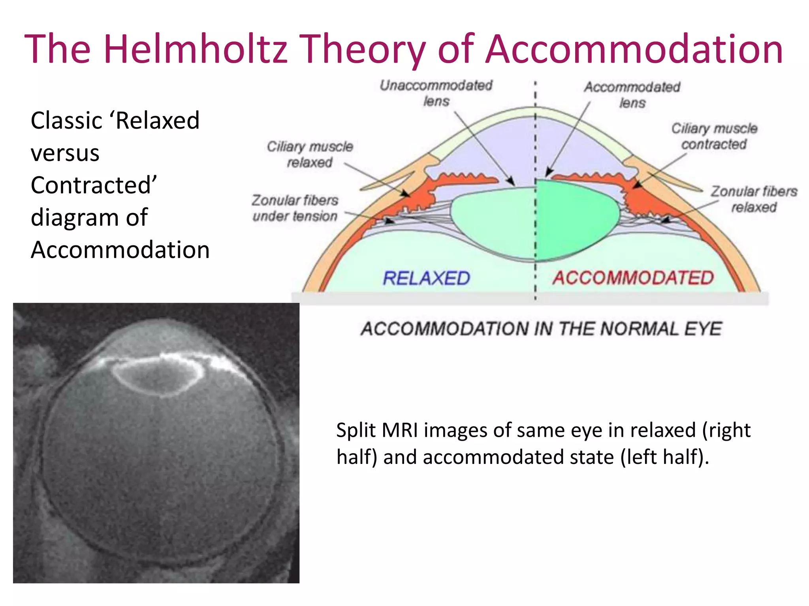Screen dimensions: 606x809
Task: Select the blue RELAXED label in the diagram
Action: tap(426, 278)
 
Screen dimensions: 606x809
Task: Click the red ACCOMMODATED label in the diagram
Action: tap(633, 278)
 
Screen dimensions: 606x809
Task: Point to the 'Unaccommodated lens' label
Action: tap(436, 93)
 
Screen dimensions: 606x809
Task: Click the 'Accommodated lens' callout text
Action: tap(632, 95)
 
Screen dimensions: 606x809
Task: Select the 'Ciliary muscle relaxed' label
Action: tap(310, 154)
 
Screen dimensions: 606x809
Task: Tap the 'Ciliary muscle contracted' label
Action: tap(714, 136)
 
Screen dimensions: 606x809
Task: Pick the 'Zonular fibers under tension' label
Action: tap(295, 208)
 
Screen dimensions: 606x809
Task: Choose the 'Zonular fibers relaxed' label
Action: tap(754, 199)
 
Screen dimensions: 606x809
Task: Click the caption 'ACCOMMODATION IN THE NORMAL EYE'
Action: tap(541, 329)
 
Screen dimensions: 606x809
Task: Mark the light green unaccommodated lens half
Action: tap(494, 221)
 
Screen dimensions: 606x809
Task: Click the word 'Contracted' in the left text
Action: tap(94, 185)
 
